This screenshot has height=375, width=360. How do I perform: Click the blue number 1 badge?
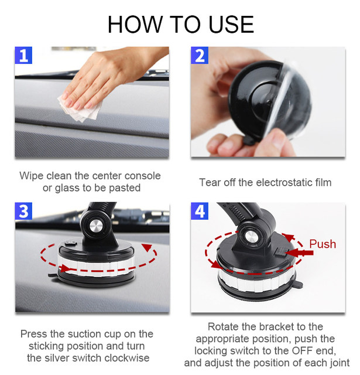click(x=23, y=56)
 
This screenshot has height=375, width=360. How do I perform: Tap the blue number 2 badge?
click(x=200, y=56)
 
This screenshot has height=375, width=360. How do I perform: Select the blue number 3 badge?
click(x=23, y=211)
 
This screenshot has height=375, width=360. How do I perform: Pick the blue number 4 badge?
click(x=200, y=211)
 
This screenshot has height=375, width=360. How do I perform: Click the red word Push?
click(x=323, y=244)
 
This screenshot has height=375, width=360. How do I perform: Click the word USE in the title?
click(x=231, y=25)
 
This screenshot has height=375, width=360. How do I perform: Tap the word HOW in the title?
click(x=135, y=25)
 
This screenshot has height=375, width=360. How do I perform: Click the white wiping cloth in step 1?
click(x=80, y=110)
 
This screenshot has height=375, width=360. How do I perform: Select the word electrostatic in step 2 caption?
click(x=284, y=182)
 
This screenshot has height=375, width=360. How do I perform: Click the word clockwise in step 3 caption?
click(x=126, y=358)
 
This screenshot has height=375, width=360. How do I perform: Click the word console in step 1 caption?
click(x=143, y=176)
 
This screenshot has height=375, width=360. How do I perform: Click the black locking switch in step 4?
click(x=281, y=252)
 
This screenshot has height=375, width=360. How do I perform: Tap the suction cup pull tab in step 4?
click(x=299, y=284)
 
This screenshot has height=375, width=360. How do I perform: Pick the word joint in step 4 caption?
click(x=338, y=363)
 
